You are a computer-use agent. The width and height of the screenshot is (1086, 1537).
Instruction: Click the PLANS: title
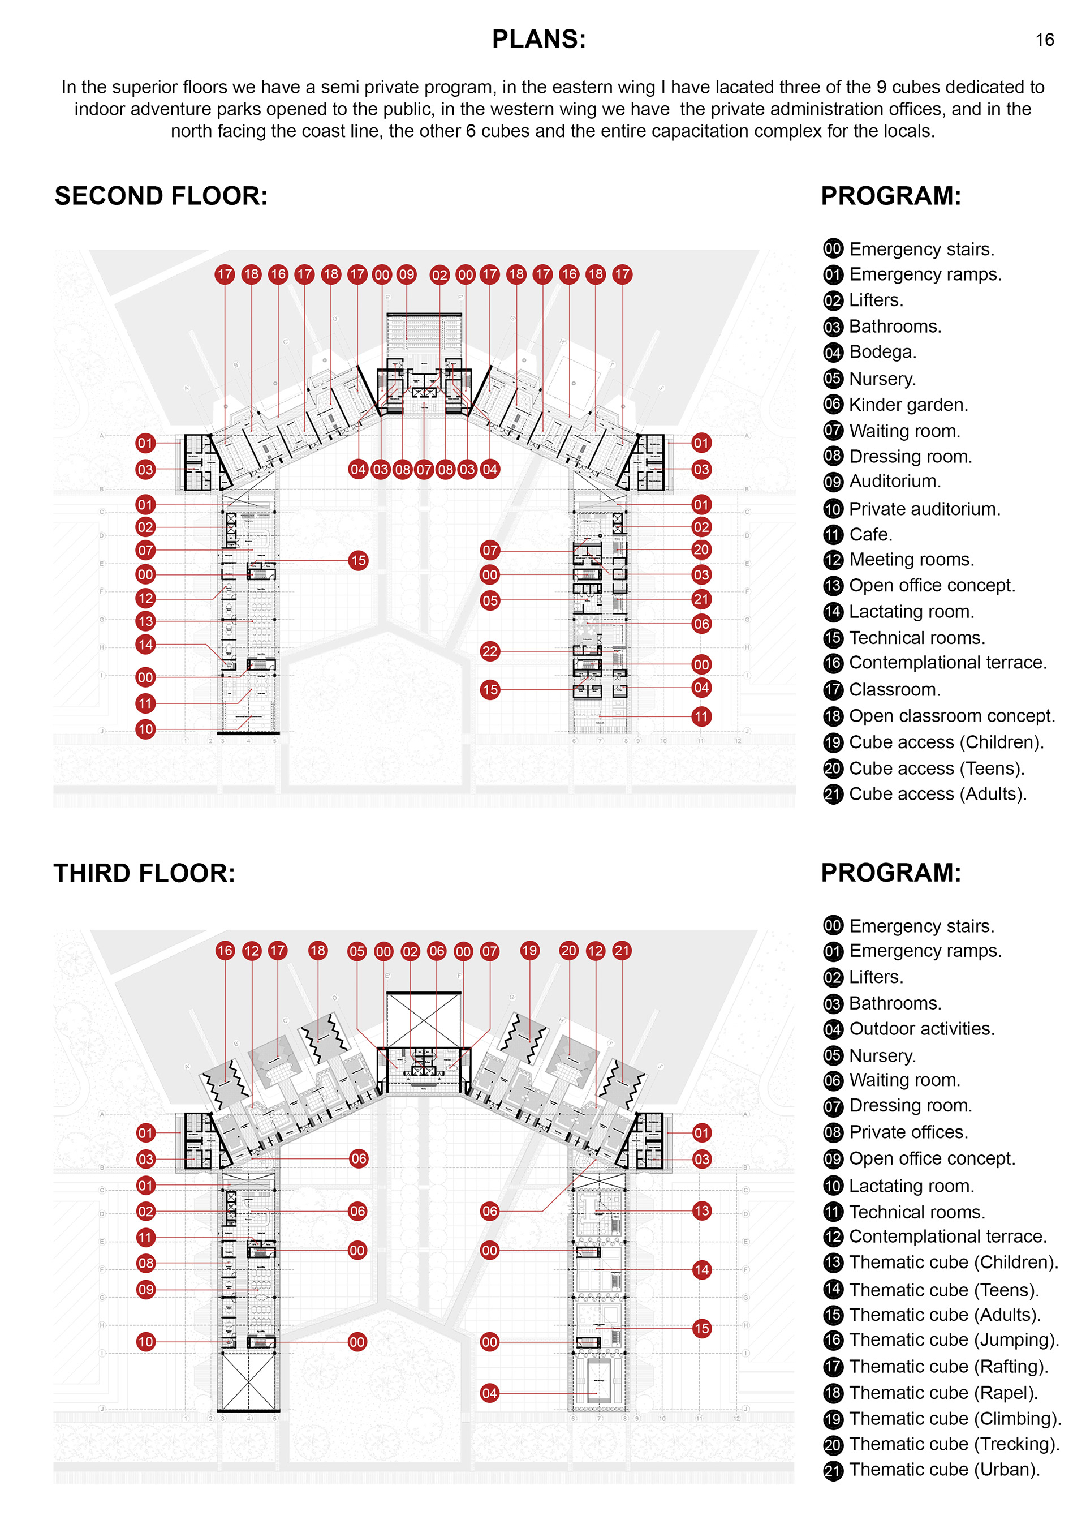[538, 40]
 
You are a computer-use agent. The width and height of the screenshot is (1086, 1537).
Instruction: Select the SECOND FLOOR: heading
[161, 196]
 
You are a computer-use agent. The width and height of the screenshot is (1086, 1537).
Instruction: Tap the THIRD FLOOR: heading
[144, 873]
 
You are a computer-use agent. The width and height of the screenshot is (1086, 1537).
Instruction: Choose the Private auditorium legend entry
[924, 509]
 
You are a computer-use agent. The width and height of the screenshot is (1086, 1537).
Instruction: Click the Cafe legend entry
[870, 534]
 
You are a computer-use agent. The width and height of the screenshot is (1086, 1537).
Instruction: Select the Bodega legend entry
[882, 352]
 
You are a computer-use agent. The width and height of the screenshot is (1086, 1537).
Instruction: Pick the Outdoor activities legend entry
[921, 1029]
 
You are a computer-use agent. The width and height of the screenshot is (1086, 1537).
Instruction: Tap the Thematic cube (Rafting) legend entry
[947, 1366]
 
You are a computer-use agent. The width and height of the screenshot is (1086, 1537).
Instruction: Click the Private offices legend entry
[908, 1132]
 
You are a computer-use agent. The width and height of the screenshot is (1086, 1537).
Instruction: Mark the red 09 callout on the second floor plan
[406, 274]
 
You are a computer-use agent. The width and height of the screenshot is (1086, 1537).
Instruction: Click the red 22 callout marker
[490, 651]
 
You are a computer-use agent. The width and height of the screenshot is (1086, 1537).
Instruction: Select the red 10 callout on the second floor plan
[145, 729]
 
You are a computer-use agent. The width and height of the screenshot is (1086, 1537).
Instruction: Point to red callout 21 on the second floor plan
[701, 599]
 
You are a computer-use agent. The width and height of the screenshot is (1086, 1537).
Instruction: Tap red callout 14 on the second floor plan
[145, 645]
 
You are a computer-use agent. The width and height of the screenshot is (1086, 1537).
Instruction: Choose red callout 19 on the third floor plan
[529, 951]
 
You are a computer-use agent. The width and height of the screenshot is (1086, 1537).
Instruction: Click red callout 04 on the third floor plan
[489, 1393]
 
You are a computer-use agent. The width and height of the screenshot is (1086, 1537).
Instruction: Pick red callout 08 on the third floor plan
[145, 1263]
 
